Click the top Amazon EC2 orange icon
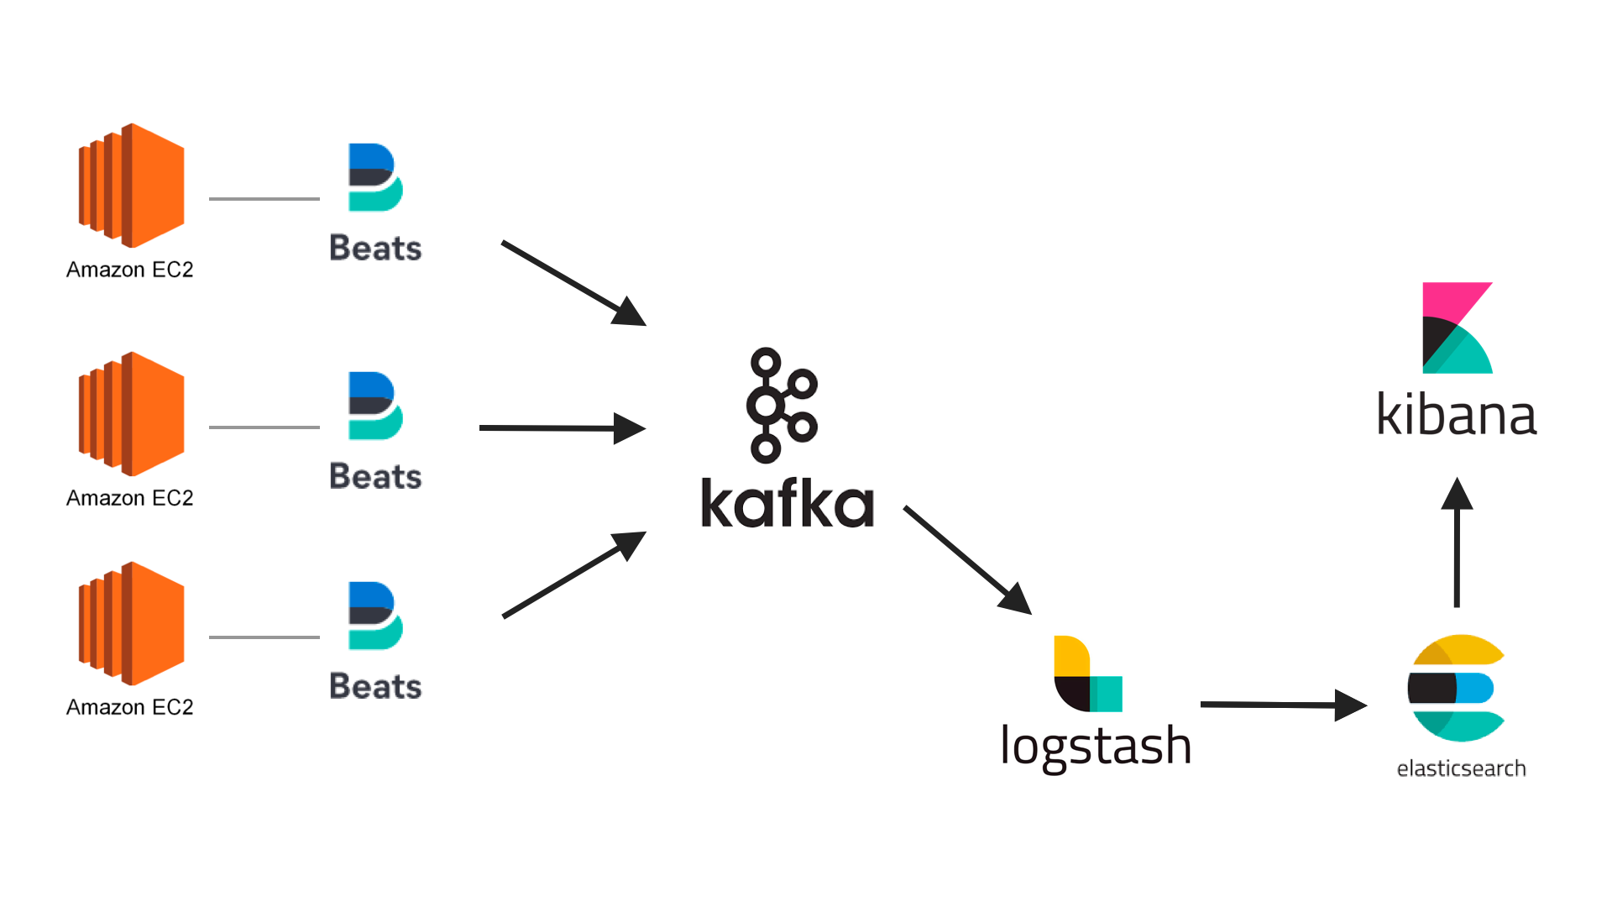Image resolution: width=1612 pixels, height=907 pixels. (x=132, y=186)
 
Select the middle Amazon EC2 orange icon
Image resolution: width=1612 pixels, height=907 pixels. (x=132, y=414)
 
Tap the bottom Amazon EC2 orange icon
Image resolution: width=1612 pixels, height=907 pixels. (x=132, y=624)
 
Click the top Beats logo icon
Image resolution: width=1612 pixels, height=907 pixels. (x=375, y=177)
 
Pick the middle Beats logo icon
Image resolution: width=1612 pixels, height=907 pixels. (x=375, y=406)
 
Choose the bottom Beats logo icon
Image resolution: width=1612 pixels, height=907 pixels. (x=375, y=616)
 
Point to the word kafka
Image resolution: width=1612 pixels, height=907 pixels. (x=788, y=503)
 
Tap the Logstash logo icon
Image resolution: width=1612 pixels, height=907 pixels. (x=1088, y=674)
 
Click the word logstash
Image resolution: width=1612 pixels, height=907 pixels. (x=1096, y=747)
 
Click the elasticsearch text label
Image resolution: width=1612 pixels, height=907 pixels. (x=1461, y=768)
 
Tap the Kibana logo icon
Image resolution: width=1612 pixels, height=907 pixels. (x=1458, y=328)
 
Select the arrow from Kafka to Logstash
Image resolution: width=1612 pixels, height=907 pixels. (x=967, y=560)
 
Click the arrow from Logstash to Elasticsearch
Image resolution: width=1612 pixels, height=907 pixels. (x=1284, y=705)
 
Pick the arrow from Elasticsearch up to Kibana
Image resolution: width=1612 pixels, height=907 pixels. (x=1458, y=542)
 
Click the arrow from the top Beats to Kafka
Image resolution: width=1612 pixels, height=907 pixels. (x=573, y=283)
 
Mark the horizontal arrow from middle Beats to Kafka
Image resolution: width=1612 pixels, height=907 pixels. (x=563, y=428)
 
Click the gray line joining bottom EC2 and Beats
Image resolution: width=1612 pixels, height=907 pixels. (x=264, y=637)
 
